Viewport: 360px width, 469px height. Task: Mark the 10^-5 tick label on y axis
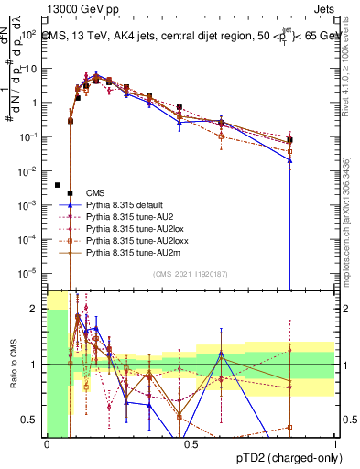coord(30,272)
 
